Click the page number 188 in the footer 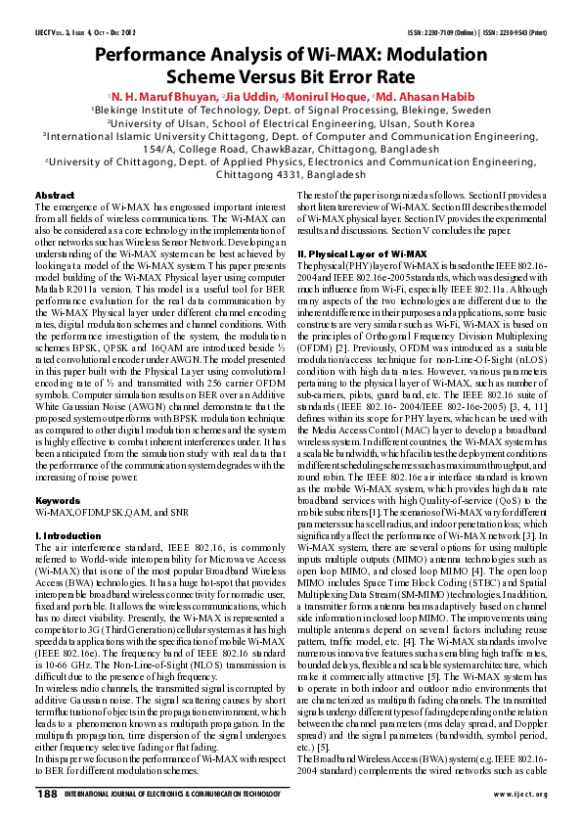click(46, 793)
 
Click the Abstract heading click(54, 196)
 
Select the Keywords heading click(58, 499)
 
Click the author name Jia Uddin click(251, 97)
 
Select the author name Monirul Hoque click(328, 97)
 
